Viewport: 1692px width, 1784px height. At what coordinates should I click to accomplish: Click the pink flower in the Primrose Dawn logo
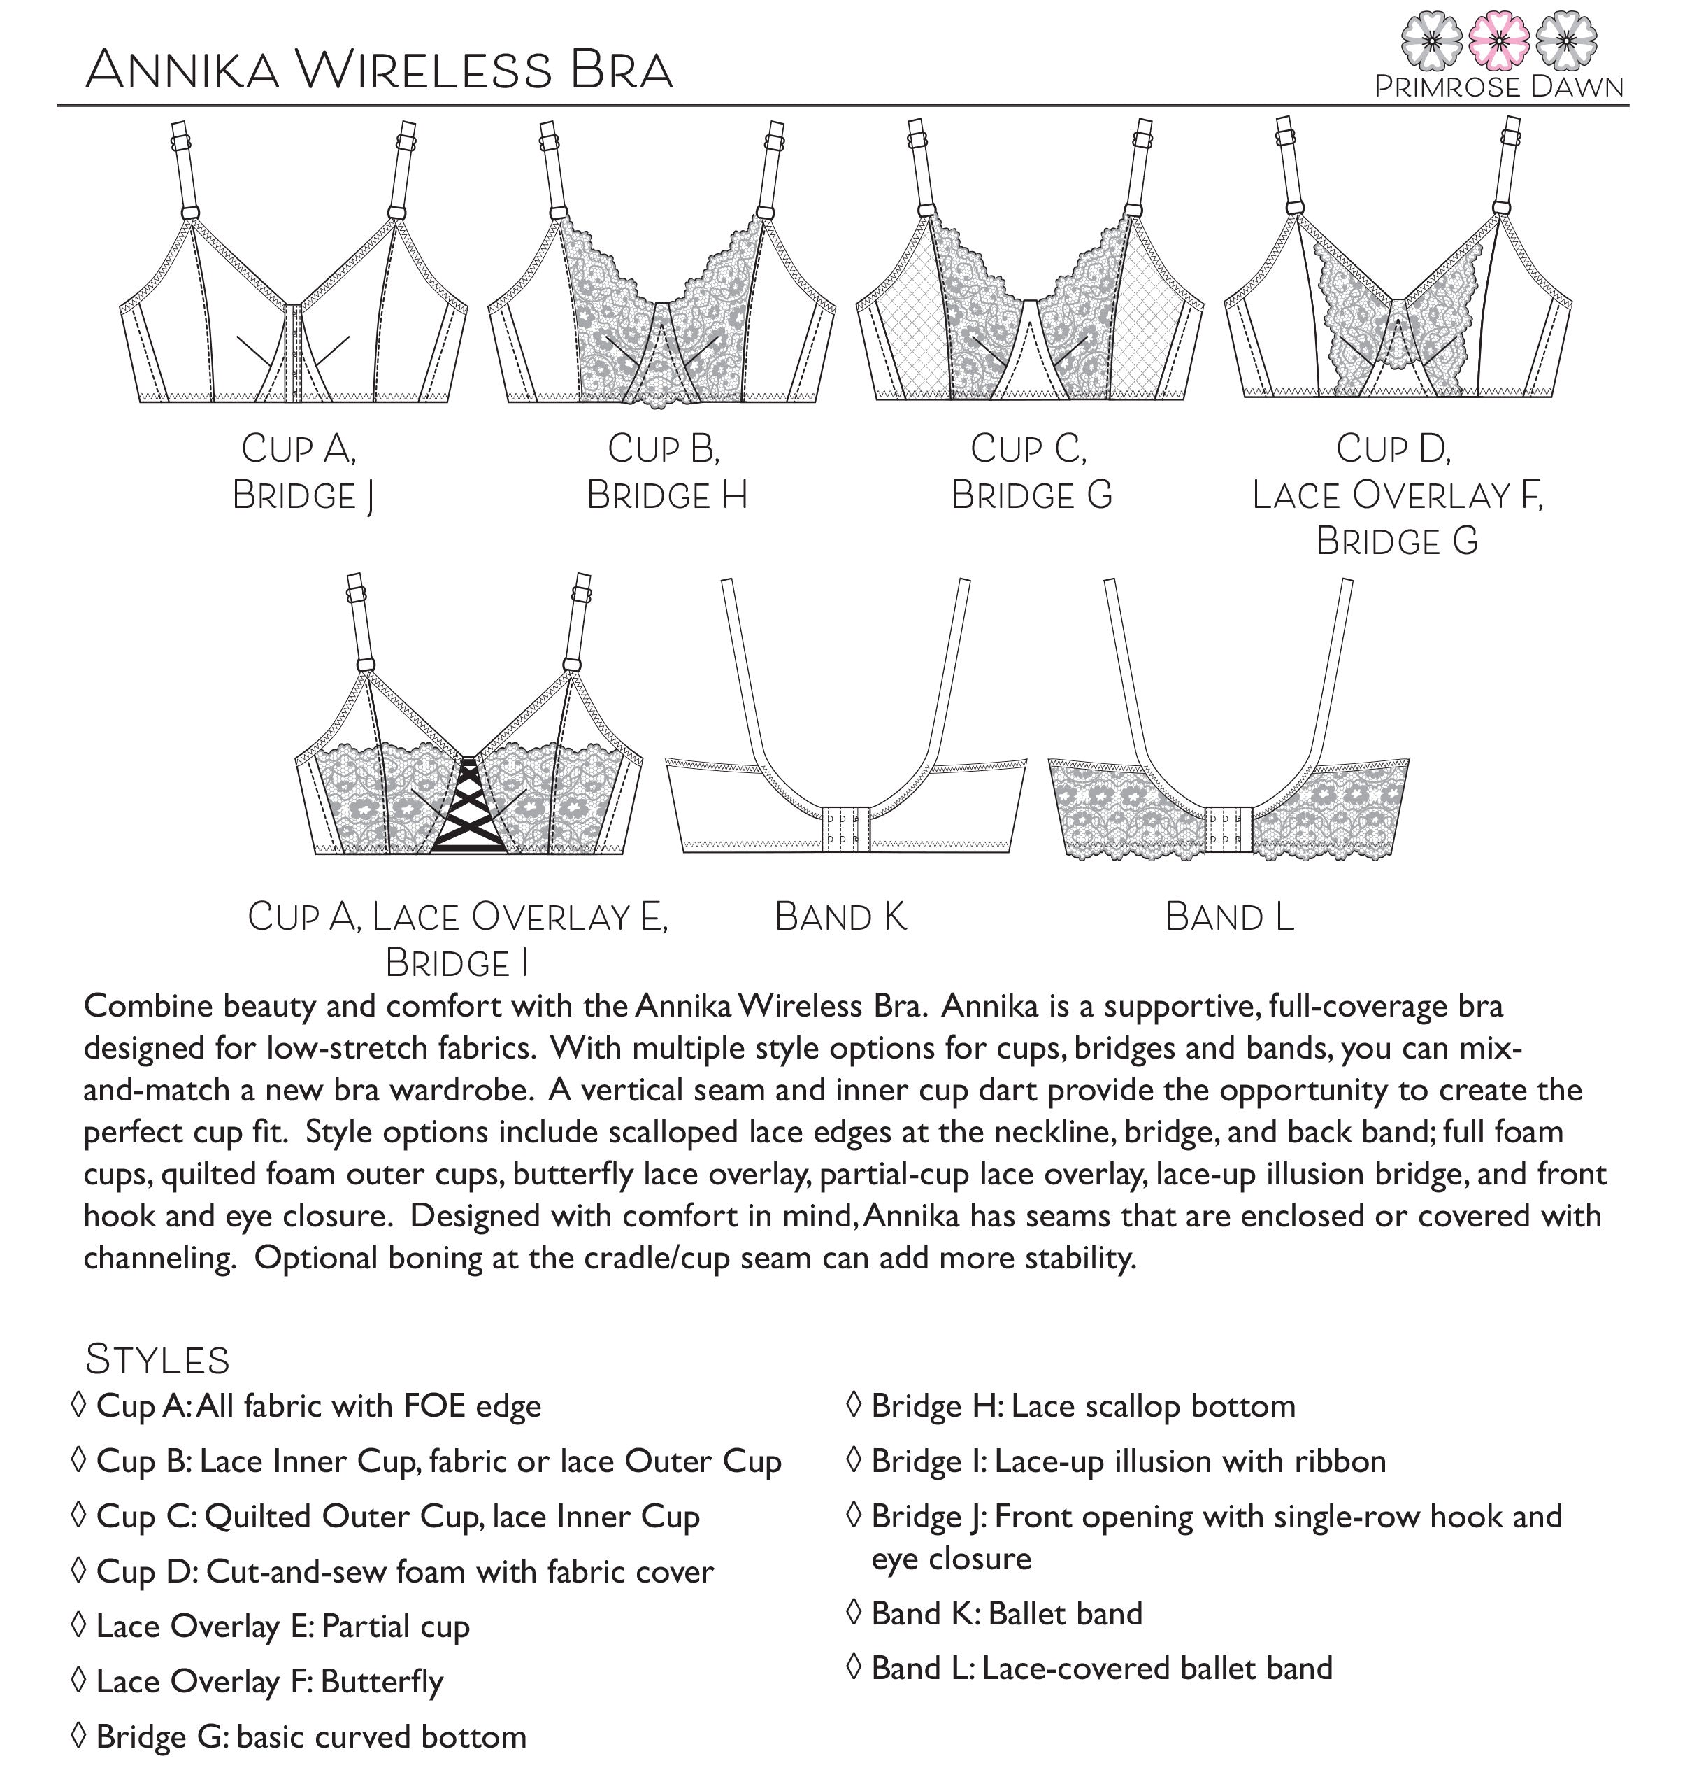tap(1498, 41)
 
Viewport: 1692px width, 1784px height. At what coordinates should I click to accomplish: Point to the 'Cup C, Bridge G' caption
tap(1030, 471)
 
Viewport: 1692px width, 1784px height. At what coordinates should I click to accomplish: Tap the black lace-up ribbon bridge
tap(468, 809)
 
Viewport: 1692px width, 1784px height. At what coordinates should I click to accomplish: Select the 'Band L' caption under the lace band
tap(1228, 916)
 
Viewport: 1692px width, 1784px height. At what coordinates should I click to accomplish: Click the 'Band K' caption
tap(840, 916)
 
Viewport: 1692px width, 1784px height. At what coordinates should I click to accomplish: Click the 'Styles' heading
tap(158, 1359)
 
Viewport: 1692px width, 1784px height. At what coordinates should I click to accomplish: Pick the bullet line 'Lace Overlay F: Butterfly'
tap(268, 1681)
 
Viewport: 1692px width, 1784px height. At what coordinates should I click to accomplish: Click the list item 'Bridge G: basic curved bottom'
tap(310, 1736)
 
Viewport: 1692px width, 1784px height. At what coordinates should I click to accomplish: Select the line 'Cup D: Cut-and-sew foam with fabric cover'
tap(404, 1571)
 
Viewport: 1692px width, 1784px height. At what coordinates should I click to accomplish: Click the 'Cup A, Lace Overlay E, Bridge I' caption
tap(457, 938)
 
